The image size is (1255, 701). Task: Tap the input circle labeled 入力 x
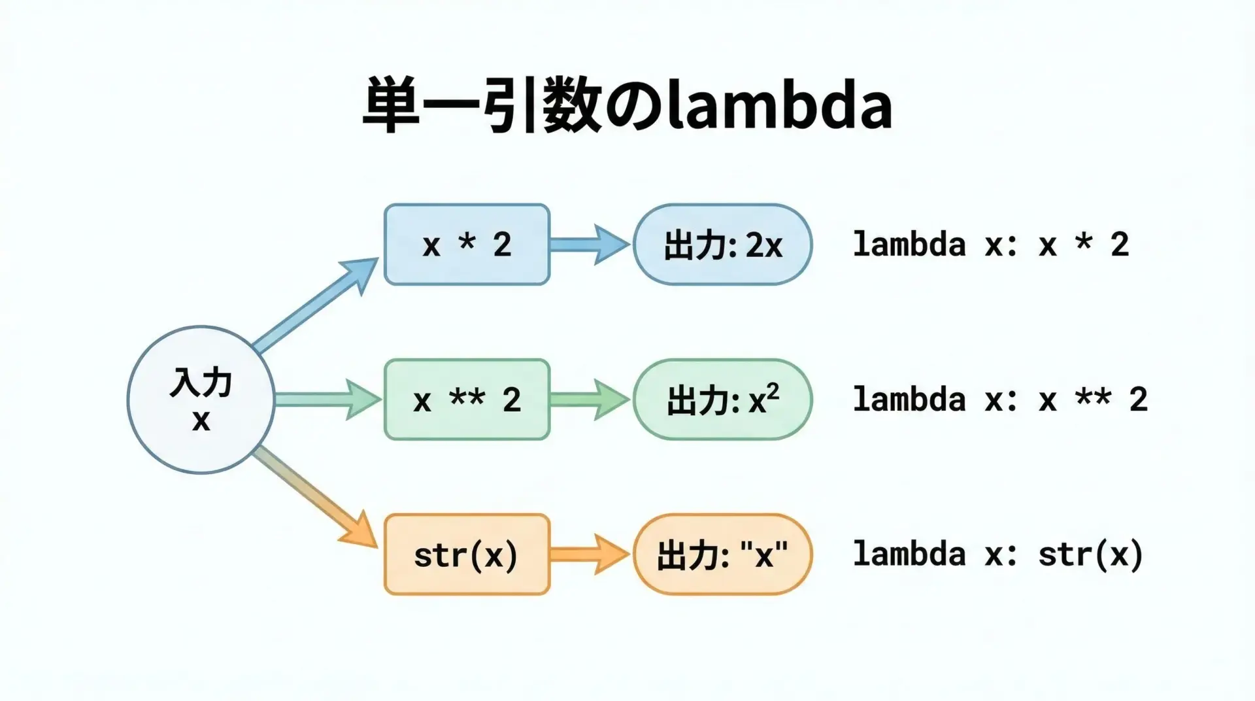pos(201,400)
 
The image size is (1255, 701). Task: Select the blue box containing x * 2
pos(467,245)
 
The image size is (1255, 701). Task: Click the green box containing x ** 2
pos(467,400)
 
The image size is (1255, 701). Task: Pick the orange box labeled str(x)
pos(467,555)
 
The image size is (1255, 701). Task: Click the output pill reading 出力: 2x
pos(722,245)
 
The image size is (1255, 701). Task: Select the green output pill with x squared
pos(722,400)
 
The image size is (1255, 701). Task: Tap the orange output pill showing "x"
pos(722,555)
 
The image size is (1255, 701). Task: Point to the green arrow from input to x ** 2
pos(327,400)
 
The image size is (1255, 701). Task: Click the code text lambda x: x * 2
pos(990,245)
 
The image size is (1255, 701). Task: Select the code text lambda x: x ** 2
pos(1000,400)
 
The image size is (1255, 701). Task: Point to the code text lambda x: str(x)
pos(997,555)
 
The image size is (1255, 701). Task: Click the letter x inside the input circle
pos(201,420)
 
